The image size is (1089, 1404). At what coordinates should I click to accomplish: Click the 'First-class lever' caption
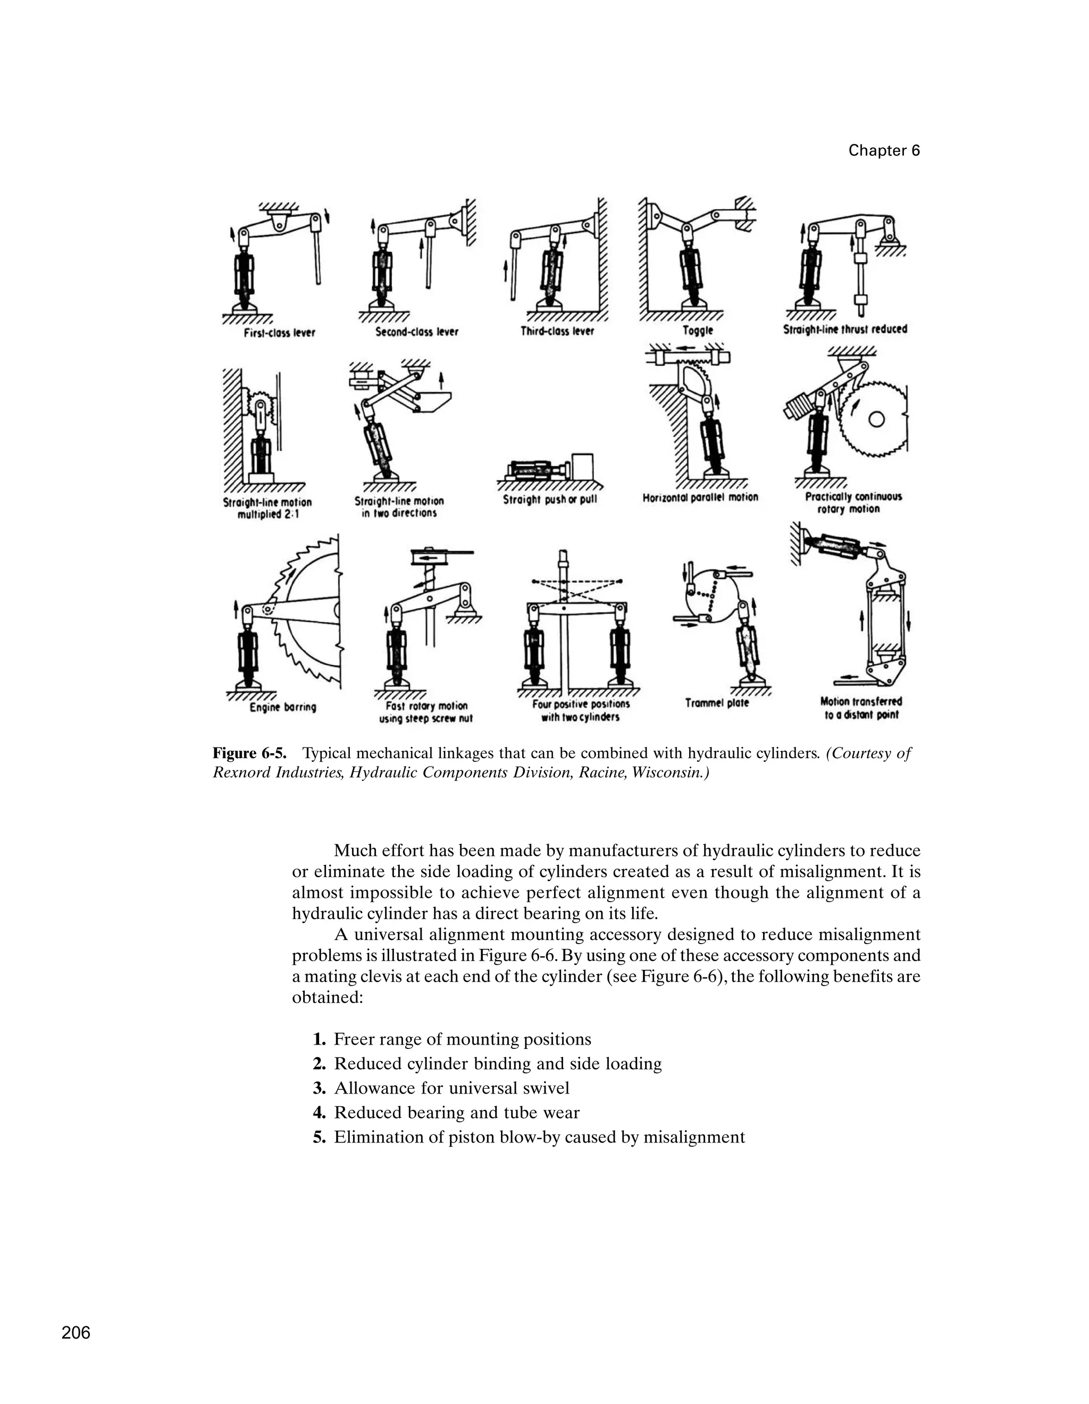coord(279,333)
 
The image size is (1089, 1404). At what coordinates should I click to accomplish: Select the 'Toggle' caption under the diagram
coord(698,331)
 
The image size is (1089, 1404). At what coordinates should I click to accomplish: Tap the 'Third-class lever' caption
coord(557,331)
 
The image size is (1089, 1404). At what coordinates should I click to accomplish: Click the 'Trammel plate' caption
coord(717,703)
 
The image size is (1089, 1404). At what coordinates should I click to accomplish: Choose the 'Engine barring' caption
coord(283,707)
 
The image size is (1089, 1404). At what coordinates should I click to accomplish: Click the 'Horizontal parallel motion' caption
coord(700,497)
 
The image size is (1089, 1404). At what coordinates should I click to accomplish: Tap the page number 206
coord(76,1333)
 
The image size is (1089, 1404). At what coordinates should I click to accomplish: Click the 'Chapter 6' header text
coord(884,150)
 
